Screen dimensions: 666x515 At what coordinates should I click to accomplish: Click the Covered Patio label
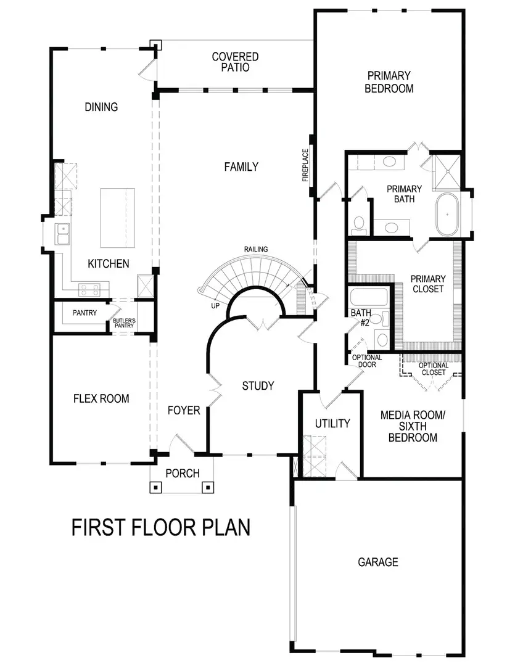235,62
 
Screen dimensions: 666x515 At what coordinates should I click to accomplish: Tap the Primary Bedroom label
389,82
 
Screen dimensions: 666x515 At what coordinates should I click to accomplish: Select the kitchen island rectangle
117,217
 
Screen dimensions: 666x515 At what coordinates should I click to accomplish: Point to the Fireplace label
305,165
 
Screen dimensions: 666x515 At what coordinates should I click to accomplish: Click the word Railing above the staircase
255,249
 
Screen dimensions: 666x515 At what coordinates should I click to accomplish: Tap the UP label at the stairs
215,305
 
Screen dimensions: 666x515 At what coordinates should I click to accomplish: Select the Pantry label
84,313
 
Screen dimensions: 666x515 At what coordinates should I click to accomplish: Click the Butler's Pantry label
123,323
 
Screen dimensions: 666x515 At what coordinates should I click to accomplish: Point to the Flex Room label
101,398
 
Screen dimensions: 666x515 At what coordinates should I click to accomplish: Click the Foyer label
184,410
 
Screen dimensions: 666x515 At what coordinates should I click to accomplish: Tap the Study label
258,386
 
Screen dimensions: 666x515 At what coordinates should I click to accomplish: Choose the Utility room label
332,424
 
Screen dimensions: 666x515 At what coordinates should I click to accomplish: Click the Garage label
378,562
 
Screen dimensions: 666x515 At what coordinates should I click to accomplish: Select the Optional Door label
367,361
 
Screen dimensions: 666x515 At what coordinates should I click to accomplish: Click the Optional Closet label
433,369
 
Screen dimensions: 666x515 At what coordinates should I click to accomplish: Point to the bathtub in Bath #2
368,298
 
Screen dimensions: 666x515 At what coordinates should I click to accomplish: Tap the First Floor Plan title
161,527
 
